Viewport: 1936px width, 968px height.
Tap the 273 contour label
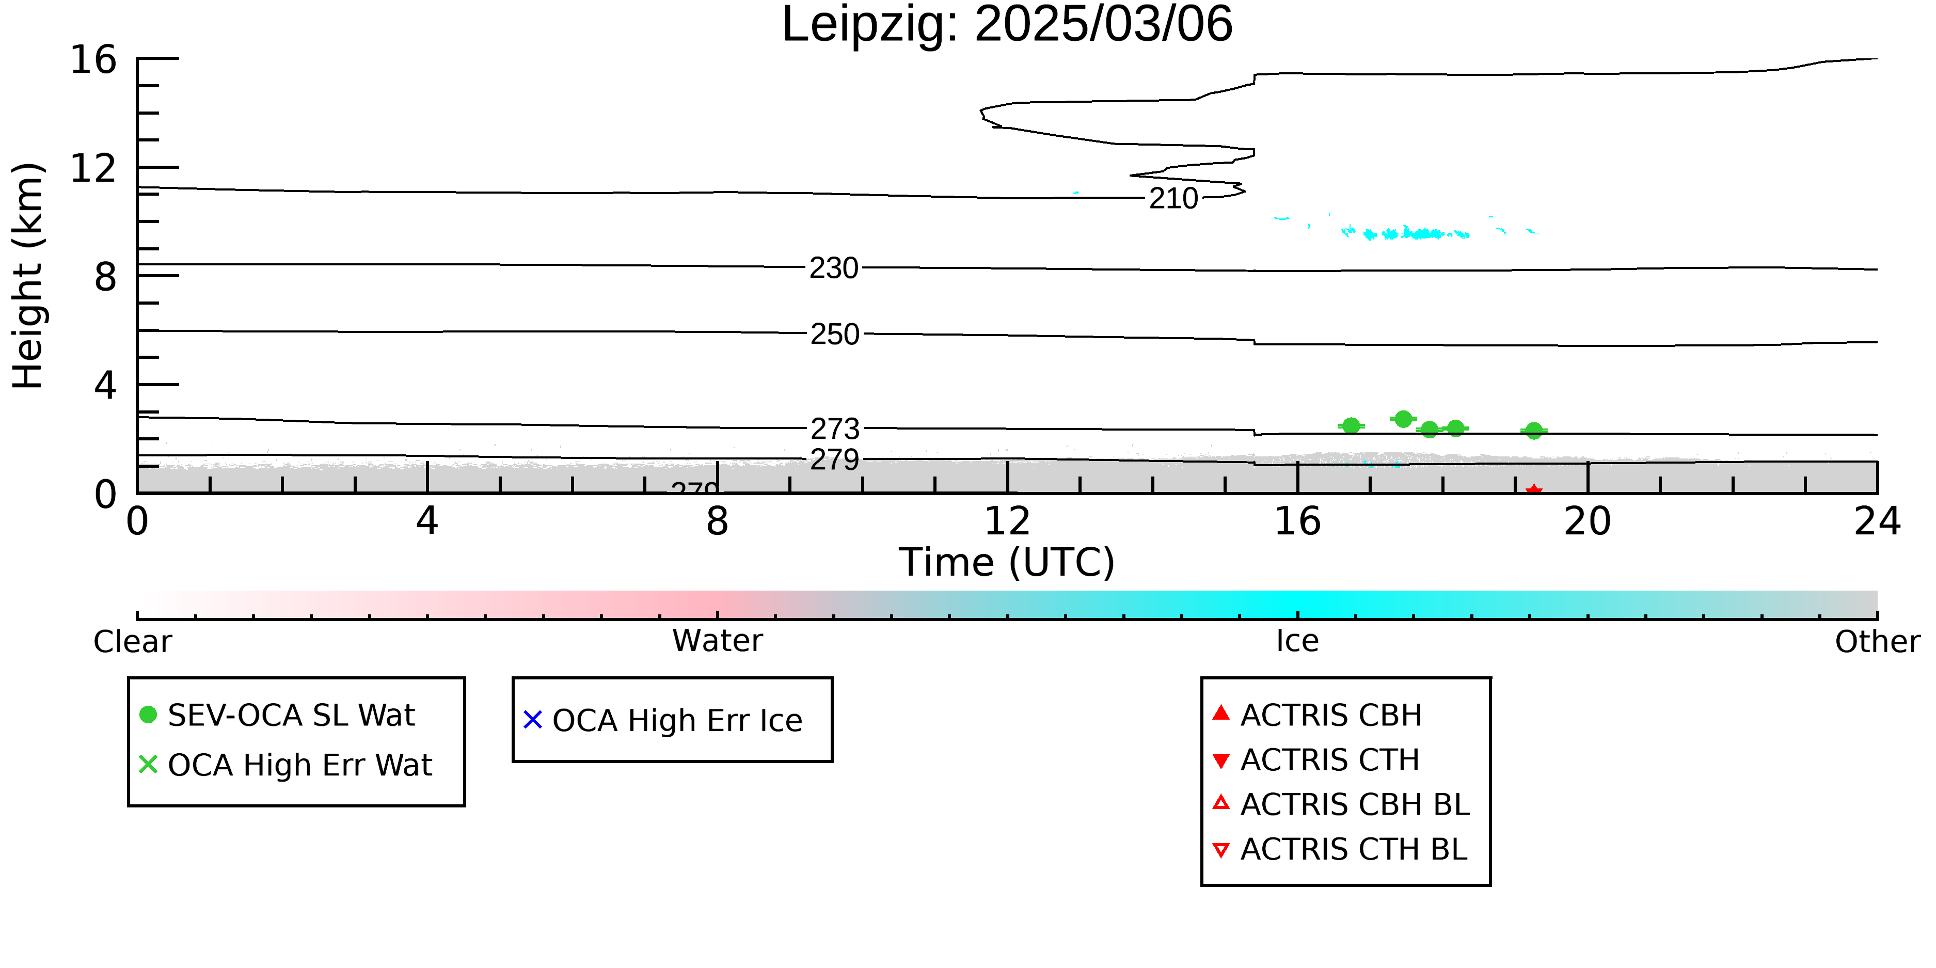(834, 429)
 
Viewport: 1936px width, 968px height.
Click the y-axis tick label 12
(93, 168)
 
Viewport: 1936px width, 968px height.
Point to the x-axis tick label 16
(1297, 521)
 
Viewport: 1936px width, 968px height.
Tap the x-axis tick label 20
(1588, 521)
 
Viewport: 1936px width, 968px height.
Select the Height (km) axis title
(28, 276)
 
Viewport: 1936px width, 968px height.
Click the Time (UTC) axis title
(1007, 563)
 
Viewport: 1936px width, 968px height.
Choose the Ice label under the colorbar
(1297, 641)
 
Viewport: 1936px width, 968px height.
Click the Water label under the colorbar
(717, 641)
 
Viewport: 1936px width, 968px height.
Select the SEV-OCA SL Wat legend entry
(278, 715)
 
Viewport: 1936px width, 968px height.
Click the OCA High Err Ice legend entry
(663, 720)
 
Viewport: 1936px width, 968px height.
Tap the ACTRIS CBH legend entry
(1318, 715)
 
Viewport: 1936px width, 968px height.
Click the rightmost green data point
(1534, 431)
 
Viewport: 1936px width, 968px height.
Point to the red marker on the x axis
(1534, 491)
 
